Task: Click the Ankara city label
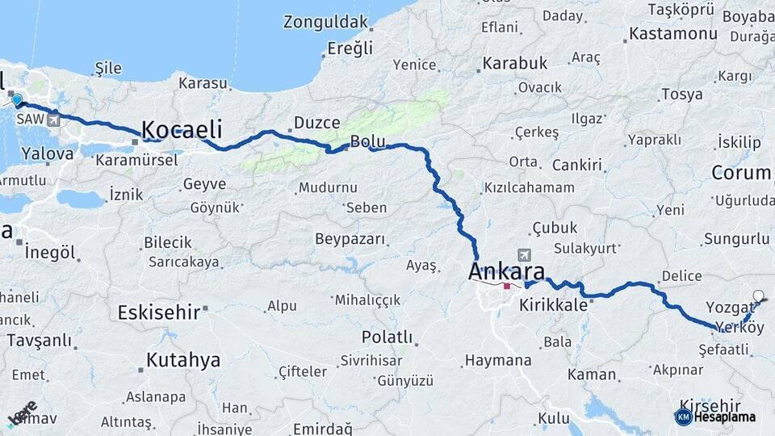[506, 272]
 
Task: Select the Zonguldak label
[325, 23]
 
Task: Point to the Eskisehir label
[158, 312]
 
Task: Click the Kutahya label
[183, 360]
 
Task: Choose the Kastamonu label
[672, 34]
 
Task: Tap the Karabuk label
[515, 63]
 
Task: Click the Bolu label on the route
[367, 143]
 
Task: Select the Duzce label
[316, 123]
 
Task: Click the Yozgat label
[729, 307]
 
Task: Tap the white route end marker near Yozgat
[759, 296]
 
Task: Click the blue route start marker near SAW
[17, 100]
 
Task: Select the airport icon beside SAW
[54, 120]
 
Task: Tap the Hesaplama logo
[715, 417]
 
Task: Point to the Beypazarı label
[350, 241]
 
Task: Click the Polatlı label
[387, 337]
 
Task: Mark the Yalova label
[48, 153]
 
